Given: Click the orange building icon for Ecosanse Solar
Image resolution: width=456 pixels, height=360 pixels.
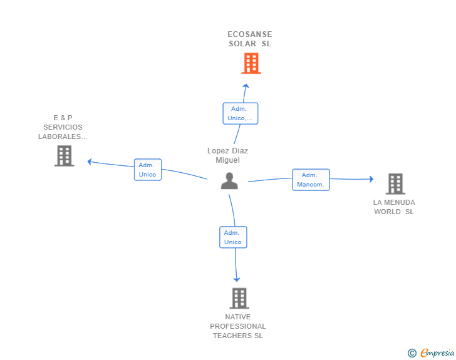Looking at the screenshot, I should (x=251, y=63).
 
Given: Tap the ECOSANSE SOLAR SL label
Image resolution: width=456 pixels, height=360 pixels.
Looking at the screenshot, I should (x=250, y=39).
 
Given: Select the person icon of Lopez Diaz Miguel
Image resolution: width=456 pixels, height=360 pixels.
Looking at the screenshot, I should (x=230, y=181).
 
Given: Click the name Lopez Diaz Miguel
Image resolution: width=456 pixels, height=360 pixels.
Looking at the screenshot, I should (x=227, y=155).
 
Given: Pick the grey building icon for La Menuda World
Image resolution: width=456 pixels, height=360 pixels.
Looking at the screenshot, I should (x=395, y=184).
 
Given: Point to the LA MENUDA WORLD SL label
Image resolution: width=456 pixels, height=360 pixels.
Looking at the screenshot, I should (x=394, y=207).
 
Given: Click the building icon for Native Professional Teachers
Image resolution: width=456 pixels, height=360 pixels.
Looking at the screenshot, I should (x=239, y=298).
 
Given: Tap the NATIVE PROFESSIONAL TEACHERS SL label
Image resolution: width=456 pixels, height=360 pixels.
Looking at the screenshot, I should (x=238, y=326).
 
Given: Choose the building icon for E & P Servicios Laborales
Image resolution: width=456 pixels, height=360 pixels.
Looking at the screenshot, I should (x=64, y=155).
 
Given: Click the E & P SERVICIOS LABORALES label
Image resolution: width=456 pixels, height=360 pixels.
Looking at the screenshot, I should (x=63, y=127).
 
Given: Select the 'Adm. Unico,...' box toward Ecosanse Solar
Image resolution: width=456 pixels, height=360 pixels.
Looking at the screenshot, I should (x=241, y=113).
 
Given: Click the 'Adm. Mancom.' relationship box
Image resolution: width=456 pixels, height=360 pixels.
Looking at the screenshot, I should (x=311, y=180).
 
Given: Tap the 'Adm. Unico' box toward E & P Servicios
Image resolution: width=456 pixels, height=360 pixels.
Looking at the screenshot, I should (x=148, y=170).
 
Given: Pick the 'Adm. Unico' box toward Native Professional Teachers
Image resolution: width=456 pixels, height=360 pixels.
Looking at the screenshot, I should (x=233, y=237).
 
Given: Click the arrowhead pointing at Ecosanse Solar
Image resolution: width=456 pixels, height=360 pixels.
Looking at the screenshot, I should (x=246, y=86).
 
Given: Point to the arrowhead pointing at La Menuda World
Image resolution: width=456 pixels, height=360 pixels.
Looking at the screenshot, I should (x=371, y=179).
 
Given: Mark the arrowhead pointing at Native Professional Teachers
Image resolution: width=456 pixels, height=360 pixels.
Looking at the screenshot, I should (x=237, y=279).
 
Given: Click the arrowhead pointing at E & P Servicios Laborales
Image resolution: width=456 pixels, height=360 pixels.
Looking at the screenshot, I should (x=90, y=162).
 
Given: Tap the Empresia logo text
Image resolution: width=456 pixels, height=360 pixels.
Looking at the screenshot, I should (x=437, y=353).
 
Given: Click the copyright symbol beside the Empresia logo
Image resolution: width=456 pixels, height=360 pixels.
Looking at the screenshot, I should (x=412, y=353).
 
